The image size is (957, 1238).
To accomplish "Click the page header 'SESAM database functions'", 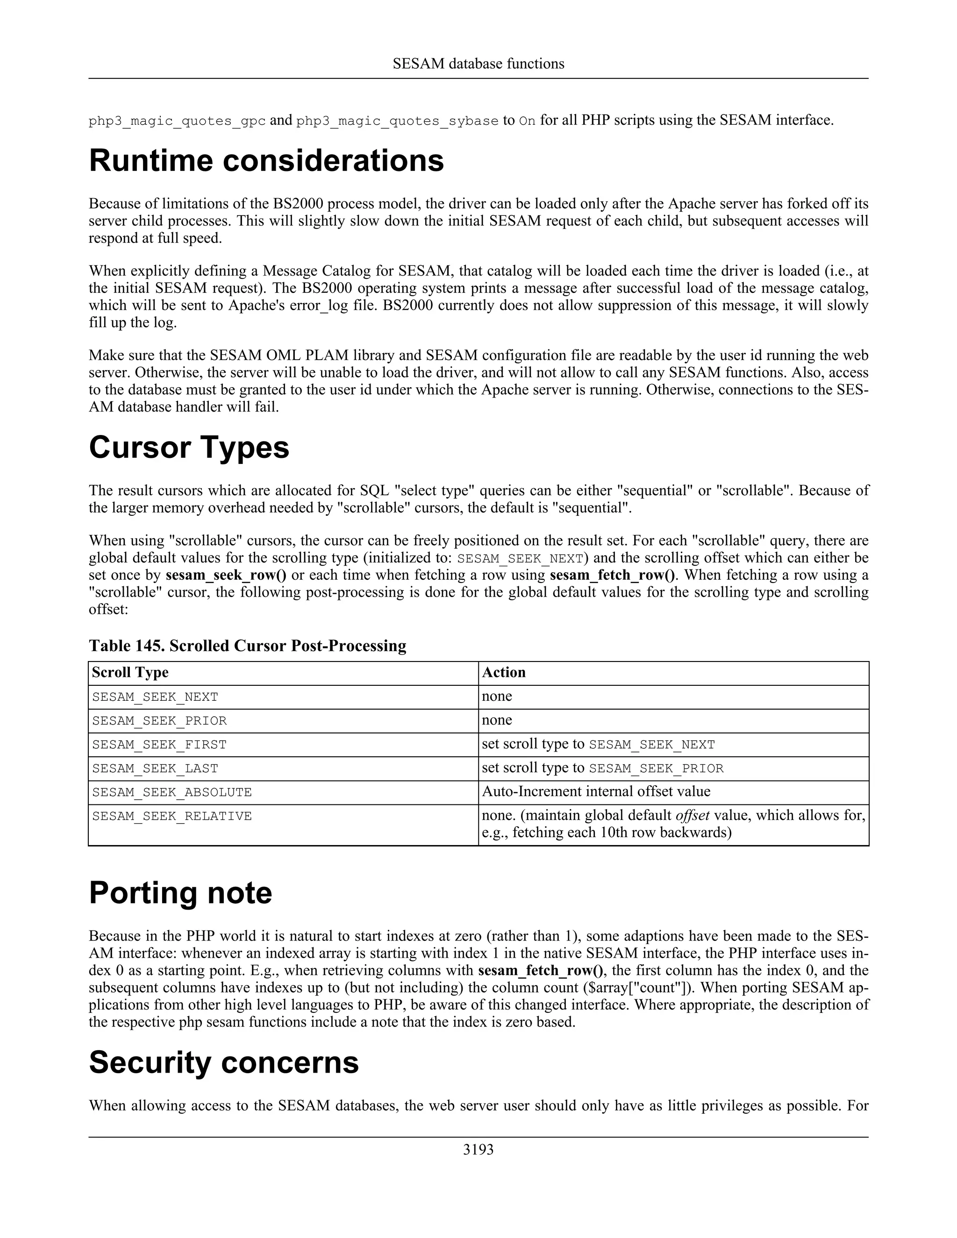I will [478, 64].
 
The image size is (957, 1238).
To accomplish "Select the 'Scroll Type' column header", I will [130, 672].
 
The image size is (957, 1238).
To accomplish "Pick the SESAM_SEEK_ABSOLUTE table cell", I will [172, 792].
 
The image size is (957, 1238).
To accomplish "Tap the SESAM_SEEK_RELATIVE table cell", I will [172, 816].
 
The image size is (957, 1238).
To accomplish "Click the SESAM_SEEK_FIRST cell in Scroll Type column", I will [159, 745].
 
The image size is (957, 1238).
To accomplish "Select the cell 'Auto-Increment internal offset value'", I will [595, 791].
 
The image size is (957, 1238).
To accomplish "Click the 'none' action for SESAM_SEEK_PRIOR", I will [497, 720].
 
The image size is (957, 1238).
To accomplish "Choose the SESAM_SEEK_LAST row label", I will [155, 768].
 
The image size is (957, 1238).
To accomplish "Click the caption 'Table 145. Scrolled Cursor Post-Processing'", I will [247, 646].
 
